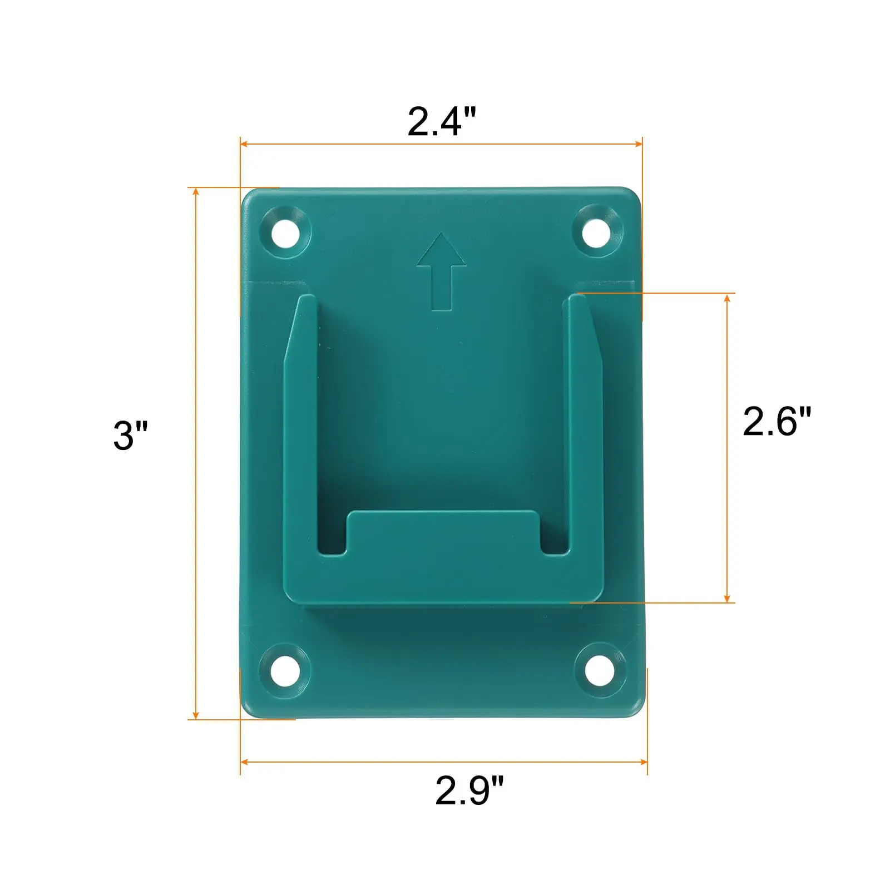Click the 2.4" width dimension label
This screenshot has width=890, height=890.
[x=442, y=121]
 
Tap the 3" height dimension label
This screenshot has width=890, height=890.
[x=131, y=435]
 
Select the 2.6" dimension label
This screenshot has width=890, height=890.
[x=777, y=421]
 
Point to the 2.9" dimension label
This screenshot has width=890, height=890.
[x=469, y=790]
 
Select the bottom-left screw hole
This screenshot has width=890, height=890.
[x=285, y=669]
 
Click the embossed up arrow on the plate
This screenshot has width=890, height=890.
[x=441, y=271]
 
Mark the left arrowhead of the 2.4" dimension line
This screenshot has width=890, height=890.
[x=244, y=144]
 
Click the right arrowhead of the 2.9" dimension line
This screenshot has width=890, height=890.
[x=644, y=762]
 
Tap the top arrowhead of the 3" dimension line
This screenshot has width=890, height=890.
[x=196, y=192]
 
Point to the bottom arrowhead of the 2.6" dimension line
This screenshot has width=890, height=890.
[x=727, y=598]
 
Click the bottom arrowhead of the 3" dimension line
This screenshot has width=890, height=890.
[x=196, y=715]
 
